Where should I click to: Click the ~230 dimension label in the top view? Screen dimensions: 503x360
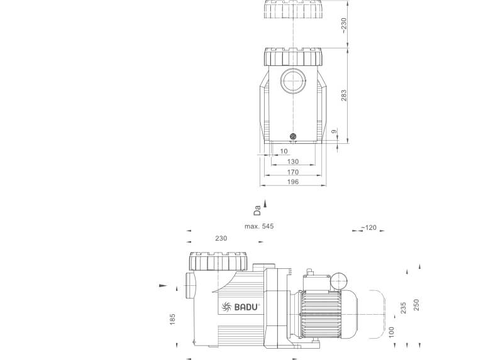(343, 26)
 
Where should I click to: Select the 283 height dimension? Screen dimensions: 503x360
(343, 95)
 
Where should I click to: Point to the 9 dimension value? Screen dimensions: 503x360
(334, 131)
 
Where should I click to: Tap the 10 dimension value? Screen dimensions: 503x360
(284, 151)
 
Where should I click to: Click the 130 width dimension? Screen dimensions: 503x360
(292, 161)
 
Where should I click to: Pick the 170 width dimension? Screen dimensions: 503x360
(292, 172)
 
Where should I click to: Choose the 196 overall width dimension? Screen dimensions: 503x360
(292, 182)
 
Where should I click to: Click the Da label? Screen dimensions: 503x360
(257, 210)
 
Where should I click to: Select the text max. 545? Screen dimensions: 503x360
(259, 226)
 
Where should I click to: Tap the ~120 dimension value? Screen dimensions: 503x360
(369, 227)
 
